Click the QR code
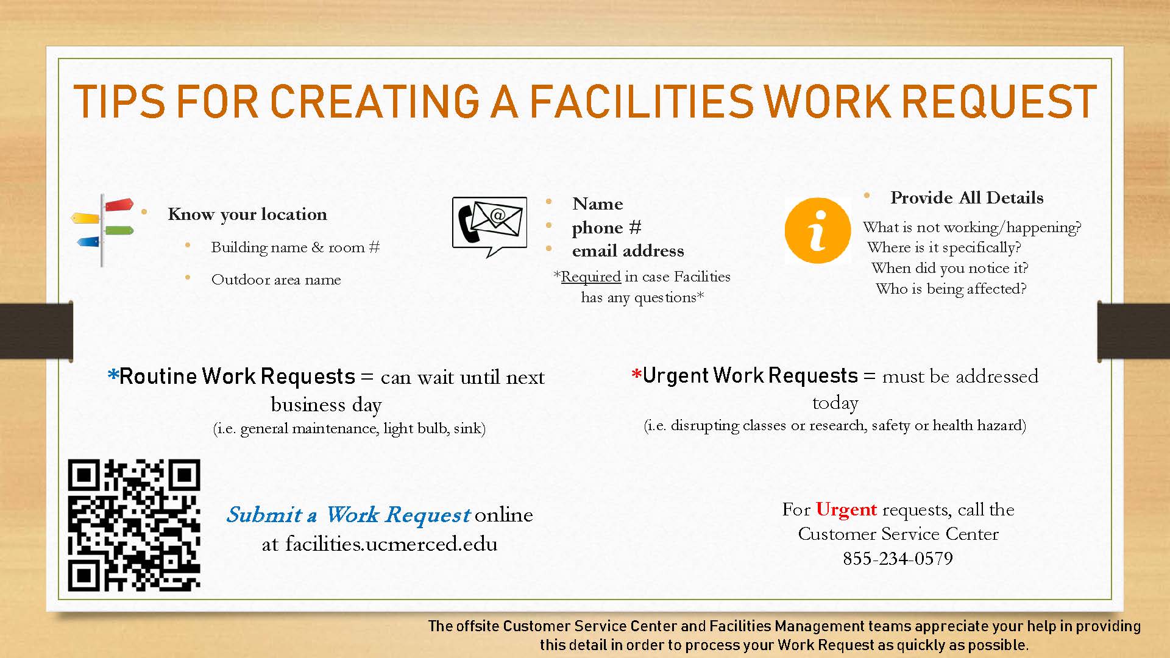(134, 525)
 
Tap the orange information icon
(817, 230)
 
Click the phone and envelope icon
(489, 225)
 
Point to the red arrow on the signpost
(119, 205)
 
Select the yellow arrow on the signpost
(85, 218)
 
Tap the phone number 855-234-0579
(898, 558)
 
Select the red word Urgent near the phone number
(846, 509)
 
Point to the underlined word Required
(590, 277)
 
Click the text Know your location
(247, 214)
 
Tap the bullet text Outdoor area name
(276, 280)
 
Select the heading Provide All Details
(967, 197)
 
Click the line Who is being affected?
(951, 289)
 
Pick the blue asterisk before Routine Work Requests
(113, 375)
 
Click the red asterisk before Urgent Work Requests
(637, 374)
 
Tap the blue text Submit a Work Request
(348, 515)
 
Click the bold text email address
(628, 250)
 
